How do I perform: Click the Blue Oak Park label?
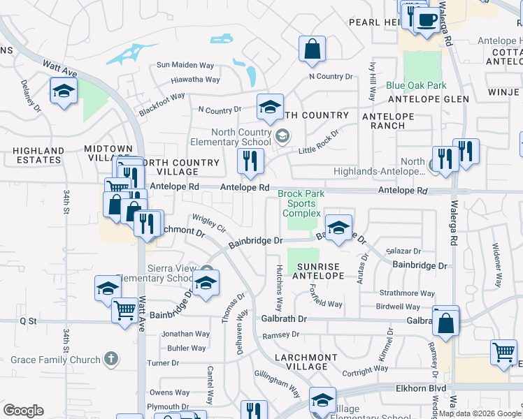coord(416,86)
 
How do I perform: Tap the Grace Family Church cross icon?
coord(110,360)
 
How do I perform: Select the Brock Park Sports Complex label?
coord(300,203)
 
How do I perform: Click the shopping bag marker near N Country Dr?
coord(312,49)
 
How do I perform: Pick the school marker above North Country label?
coord(270,108)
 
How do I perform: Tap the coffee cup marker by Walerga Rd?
coord(426,19)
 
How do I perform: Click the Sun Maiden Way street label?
coord(183,65)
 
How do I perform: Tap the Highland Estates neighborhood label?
coord(38,155)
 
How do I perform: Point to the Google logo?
coord(23,411)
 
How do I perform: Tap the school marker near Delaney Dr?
coord(64,91)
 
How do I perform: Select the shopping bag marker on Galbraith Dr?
coord(445,323)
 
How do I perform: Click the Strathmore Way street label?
coord(407,294)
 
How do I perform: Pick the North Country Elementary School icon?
coord(282,136)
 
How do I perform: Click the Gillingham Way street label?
coord(277,380)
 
